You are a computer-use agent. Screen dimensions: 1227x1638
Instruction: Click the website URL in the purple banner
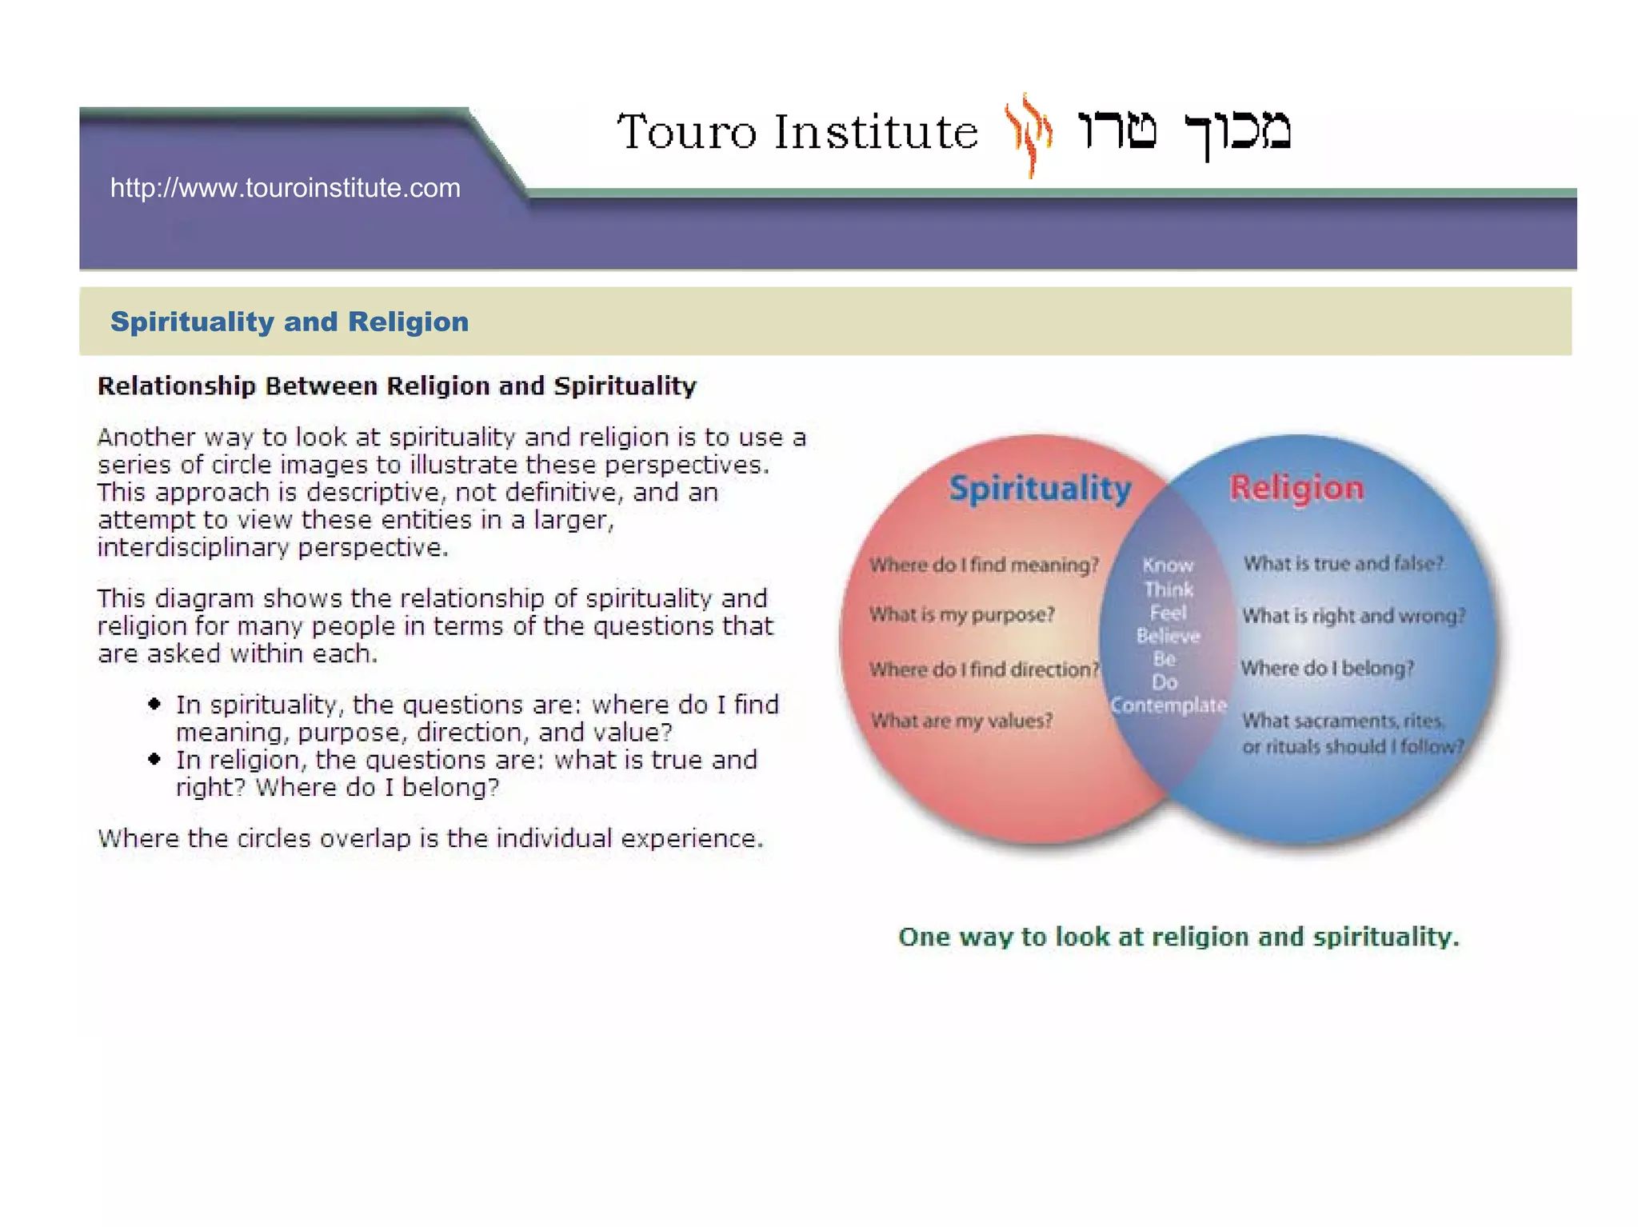pyautogui.click(x=285, y=188)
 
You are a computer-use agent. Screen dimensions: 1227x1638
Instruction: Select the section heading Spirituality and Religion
pyautogui.click(x=290, y=322)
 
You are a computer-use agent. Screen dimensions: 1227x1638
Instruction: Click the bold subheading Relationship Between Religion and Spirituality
pyautogui.click(x=397, y=386)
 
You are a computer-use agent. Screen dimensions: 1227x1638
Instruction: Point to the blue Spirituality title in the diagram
pyautogui.click(x=1040, y=488)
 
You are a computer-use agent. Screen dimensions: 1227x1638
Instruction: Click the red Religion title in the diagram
pyautogui.click(x=1296, y=488)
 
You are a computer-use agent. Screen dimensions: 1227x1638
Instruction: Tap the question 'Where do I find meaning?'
pyautogui.click(x=984, y=565)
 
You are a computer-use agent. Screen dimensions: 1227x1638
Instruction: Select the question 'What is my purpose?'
pyautogui.click(x=961, y=614)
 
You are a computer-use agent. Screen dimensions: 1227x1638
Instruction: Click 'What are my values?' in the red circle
pyautogui.click(x=961, y=721)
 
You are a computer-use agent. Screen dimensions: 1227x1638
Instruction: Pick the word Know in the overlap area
pyautogui.click(x=1168, y=566)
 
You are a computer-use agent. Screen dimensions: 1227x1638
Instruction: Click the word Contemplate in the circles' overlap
pyautogui.click(x=1168, y=705)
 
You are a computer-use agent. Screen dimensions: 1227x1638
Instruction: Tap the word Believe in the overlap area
pyautogui.click(x=1168, y=637)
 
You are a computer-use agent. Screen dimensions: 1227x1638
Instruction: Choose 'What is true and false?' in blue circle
pyautogui.click(x=1343, y=564)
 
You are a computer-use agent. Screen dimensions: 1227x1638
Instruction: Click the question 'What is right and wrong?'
pyautogui.click(x=1353, y=616)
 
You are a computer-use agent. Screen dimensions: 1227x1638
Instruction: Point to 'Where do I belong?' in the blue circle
pyautogui.click(x=1327, y=669)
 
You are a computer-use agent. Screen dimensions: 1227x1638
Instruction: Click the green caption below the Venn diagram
pyautogui.click(x=1178, y=937)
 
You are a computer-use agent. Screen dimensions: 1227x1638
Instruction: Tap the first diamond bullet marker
pyautogui.click(x=154, y=704)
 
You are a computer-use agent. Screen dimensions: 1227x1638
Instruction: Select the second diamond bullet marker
pyautogui.click(x=154, y=759)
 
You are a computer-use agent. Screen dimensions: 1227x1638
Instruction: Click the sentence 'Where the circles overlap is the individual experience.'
pyautogui.click(x=430, y=838)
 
